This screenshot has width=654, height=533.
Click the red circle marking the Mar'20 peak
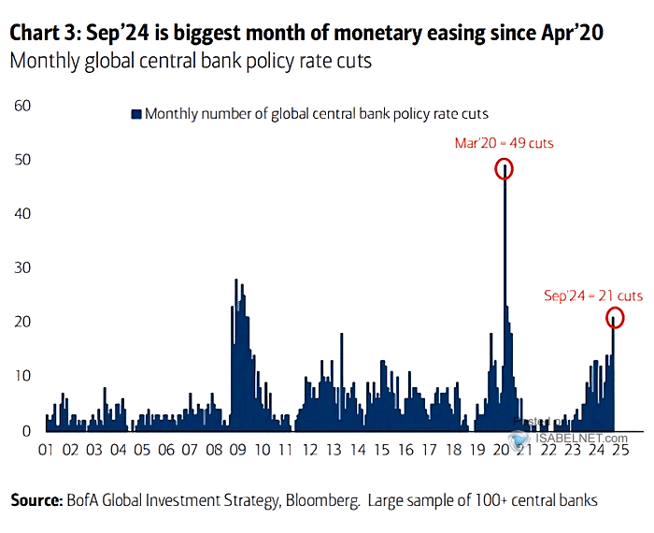[x=505, y=169]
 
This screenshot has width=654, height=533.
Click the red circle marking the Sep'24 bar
[x=614, y=318]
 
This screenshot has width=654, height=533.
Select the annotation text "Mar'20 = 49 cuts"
[x=505, y=144]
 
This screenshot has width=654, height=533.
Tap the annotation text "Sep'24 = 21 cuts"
[x=593, y=295]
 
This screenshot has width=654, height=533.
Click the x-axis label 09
[x=238, y=451]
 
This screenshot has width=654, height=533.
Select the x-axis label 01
[x=46, y=451]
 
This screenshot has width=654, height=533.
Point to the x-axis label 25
[x=620, y=451]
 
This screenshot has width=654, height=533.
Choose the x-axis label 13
[x=334, y=451]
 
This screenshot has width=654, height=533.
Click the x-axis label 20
[x=501, y=451]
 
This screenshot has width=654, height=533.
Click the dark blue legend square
[x=135, y=114]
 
